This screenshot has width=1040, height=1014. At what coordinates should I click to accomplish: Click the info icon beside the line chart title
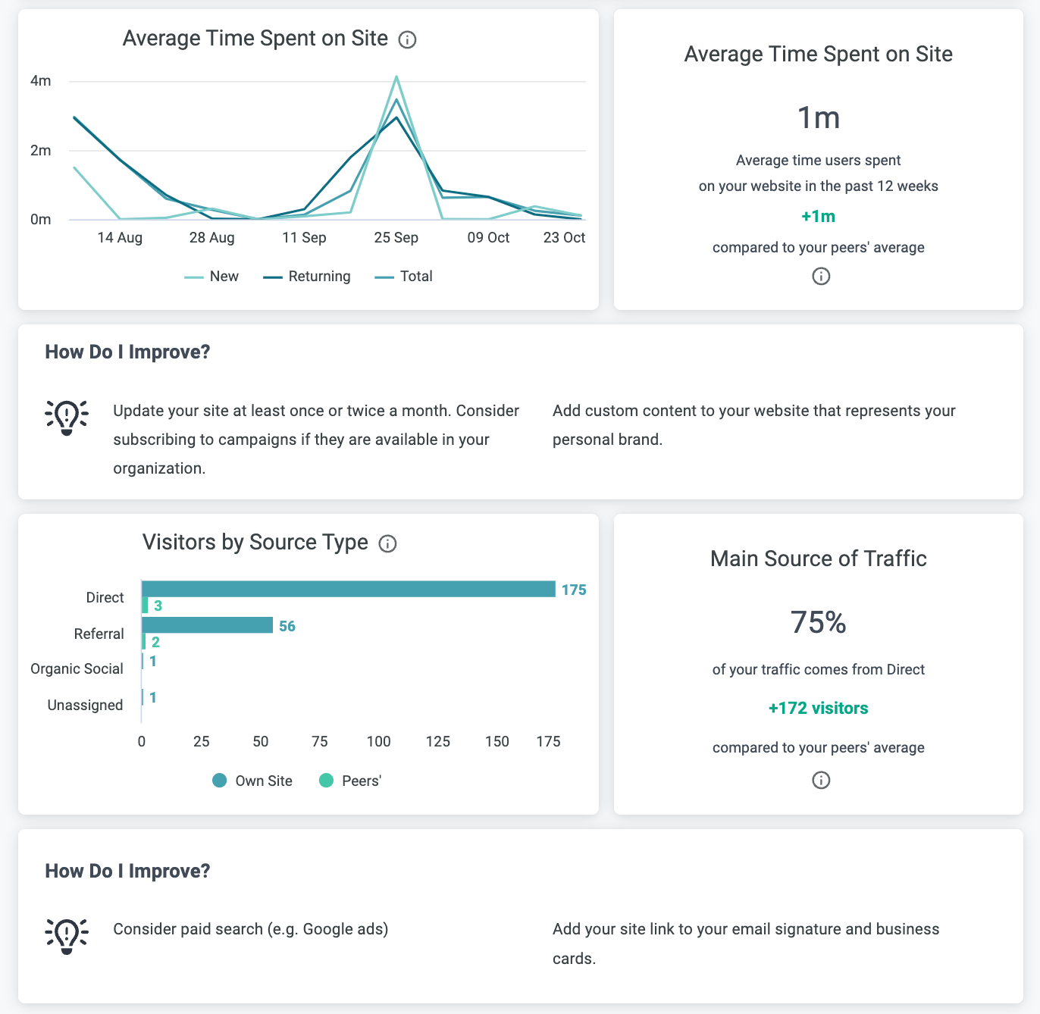click(407, 40)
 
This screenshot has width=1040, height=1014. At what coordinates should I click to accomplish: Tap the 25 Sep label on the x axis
click(396, 238)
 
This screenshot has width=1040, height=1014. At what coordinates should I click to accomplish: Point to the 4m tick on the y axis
click(41, 81)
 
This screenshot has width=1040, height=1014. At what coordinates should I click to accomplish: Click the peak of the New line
click(396, 77)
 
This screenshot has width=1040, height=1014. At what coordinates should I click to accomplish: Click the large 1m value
click(818, 118)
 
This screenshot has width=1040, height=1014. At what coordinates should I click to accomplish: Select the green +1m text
click(818, 217)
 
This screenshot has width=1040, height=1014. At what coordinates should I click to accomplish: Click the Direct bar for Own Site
click(348, 589)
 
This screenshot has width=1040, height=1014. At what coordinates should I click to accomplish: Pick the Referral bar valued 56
click(207, 625)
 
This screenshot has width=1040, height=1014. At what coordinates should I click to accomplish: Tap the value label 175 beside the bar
click(574, 590)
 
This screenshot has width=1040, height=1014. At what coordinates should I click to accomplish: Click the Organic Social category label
click(77, 669)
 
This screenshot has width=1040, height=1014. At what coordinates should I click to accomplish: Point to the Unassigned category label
click(85, 706)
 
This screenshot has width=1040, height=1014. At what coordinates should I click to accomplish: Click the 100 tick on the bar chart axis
click(378, 742)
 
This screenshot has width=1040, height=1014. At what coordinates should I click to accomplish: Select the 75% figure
click(818, 623)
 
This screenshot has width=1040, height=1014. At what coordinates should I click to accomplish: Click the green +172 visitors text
click(818, 709)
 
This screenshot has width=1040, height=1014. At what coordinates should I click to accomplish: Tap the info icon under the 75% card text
click(821, 781)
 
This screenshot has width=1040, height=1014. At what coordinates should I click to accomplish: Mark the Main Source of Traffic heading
click(818, 559)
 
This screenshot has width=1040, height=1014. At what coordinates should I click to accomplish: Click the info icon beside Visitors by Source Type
click(387, 544)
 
